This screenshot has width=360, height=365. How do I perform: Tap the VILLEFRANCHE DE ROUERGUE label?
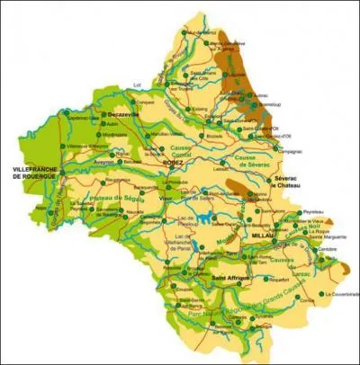point(34,173)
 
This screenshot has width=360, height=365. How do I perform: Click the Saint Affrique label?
point(230,280)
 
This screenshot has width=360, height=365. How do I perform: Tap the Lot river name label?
point(137,85)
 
